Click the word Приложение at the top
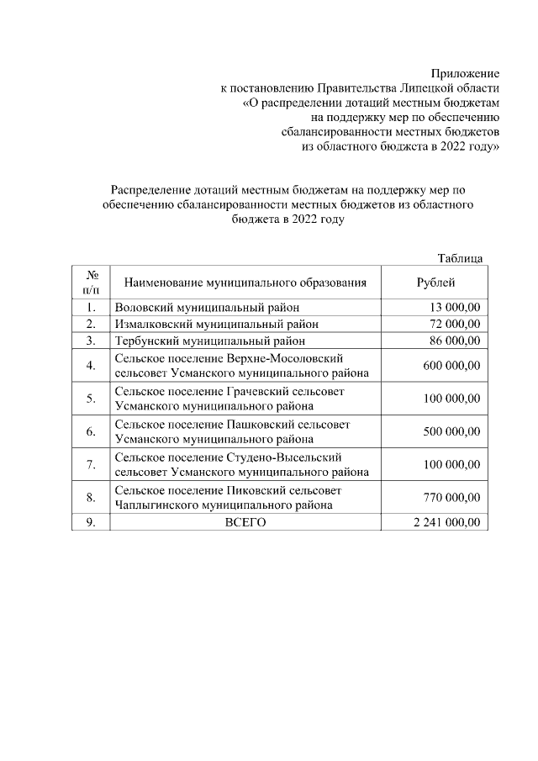[466, 74]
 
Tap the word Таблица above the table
[460, 258]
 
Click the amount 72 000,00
[454, 324]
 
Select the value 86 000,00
[454, 341]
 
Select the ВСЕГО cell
[245, 522]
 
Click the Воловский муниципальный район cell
[207, 307]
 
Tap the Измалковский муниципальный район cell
[217, 324]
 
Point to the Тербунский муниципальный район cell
[209, 341]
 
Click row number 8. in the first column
[91, 498]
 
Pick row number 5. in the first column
[91, 399]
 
